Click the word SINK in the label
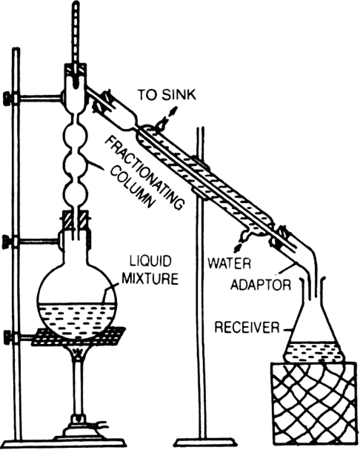179,95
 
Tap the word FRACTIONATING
144,173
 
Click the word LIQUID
150,261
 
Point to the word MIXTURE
150,279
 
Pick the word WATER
230,263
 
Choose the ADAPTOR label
261,285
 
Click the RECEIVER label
247,327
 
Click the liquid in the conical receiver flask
313,352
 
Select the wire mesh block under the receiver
315,406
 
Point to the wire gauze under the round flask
78,337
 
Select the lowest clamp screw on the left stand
8,337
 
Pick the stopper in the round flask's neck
76,220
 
